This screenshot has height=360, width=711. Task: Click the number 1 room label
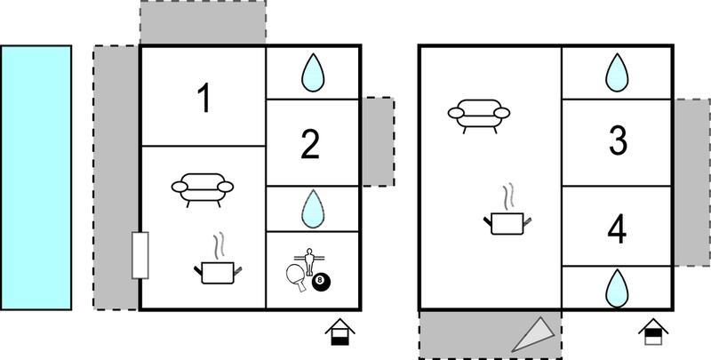(205, 99)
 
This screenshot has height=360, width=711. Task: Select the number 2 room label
(310, 145)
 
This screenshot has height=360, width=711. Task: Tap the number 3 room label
(618, 140)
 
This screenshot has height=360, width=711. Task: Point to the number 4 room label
(617, 229)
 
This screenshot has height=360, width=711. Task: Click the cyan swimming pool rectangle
(36, 178)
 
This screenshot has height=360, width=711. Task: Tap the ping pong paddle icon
(296, 277)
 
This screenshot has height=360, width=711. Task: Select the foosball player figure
(309, 260)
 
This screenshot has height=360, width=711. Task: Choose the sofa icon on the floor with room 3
(479, 115)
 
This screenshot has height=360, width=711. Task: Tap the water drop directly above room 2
(313, 73)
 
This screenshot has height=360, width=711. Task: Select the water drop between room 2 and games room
(313, 209)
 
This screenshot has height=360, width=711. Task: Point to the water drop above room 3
(617, 73)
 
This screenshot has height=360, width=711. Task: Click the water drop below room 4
(617, 288)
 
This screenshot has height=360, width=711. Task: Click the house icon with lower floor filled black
(340, 332)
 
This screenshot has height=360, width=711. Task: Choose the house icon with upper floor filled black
(653, 332)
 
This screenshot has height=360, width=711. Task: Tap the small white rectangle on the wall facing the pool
(140, 255)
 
